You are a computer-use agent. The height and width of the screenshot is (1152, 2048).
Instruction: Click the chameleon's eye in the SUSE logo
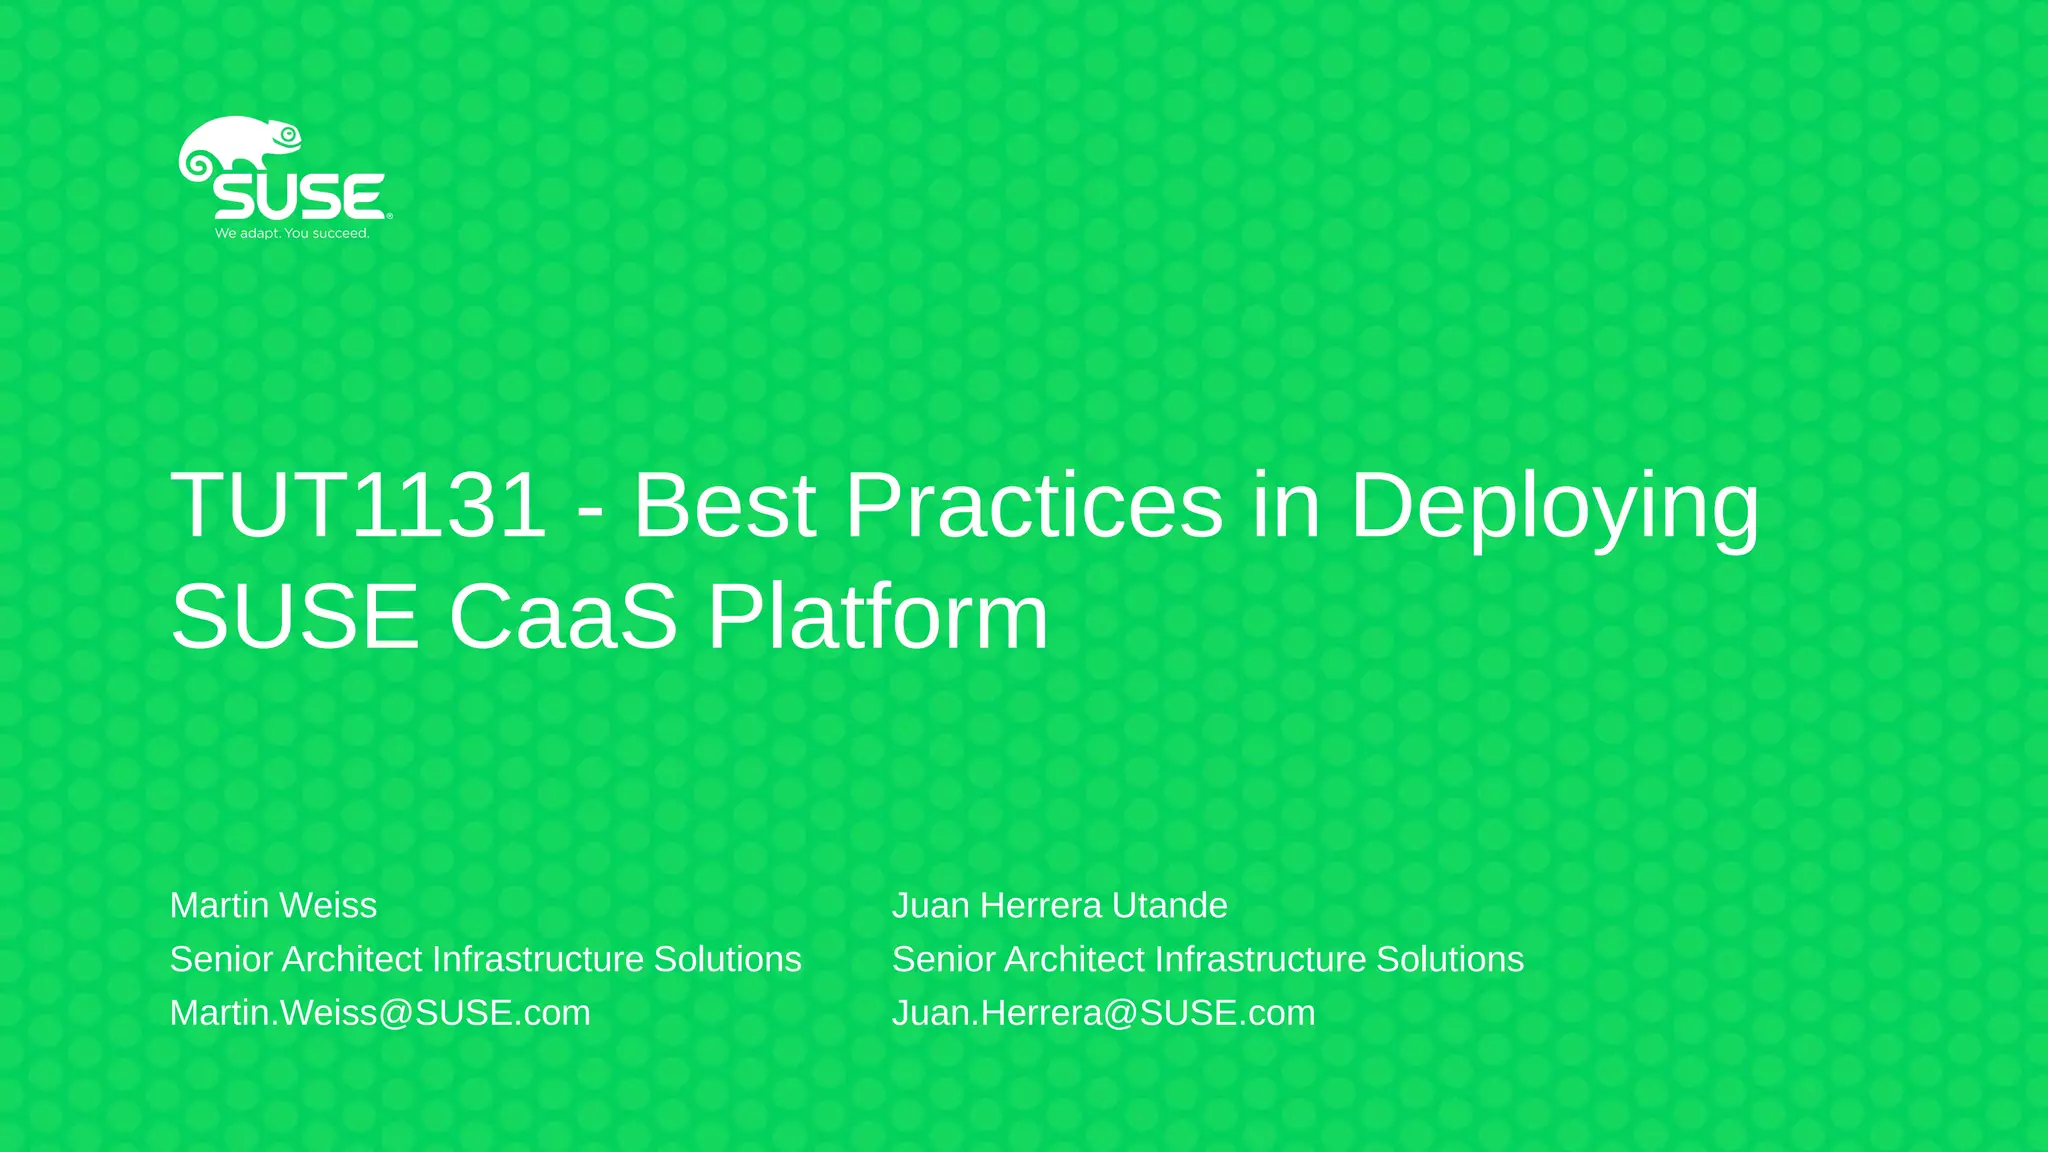[x=289, y=134]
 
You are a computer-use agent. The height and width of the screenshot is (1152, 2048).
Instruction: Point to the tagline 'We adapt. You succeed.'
[x=292, y=234]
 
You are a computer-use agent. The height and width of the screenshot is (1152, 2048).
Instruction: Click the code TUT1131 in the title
[x=359, y=506]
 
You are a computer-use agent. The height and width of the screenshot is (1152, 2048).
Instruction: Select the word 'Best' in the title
[x=725, y=506]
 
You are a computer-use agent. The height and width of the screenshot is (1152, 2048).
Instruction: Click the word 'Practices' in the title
[x=1034, y=506]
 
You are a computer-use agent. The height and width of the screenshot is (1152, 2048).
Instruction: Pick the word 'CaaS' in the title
[x=563, y=617]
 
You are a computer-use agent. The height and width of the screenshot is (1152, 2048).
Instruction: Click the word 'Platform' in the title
[x=878, y=617]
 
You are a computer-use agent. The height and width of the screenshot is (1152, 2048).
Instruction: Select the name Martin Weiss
[x=273, y=905]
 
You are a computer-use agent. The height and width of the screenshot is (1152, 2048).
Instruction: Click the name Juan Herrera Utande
[x=1059, y=905]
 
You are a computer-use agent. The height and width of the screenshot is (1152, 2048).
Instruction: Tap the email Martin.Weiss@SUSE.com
[x=380, y=1013]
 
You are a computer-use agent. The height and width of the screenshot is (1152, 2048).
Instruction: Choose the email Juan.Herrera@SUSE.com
[x=1103, y=1013]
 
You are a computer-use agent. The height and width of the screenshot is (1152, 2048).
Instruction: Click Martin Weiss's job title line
[x=485, y=959]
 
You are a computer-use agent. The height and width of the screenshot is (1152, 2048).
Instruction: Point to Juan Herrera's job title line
[x=1207, y=959]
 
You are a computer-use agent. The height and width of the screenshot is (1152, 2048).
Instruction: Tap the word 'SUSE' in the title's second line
[x=295, y=617]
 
